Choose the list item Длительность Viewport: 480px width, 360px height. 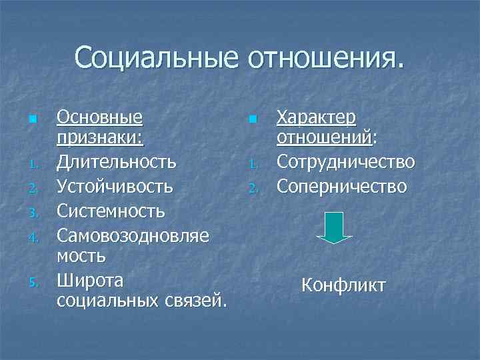coord(117,161)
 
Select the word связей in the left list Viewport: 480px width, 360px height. coord(197,301)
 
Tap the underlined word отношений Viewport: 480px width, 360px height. coord(324,139)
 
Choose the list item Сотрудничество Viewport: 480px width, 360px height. coord(346,161)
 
